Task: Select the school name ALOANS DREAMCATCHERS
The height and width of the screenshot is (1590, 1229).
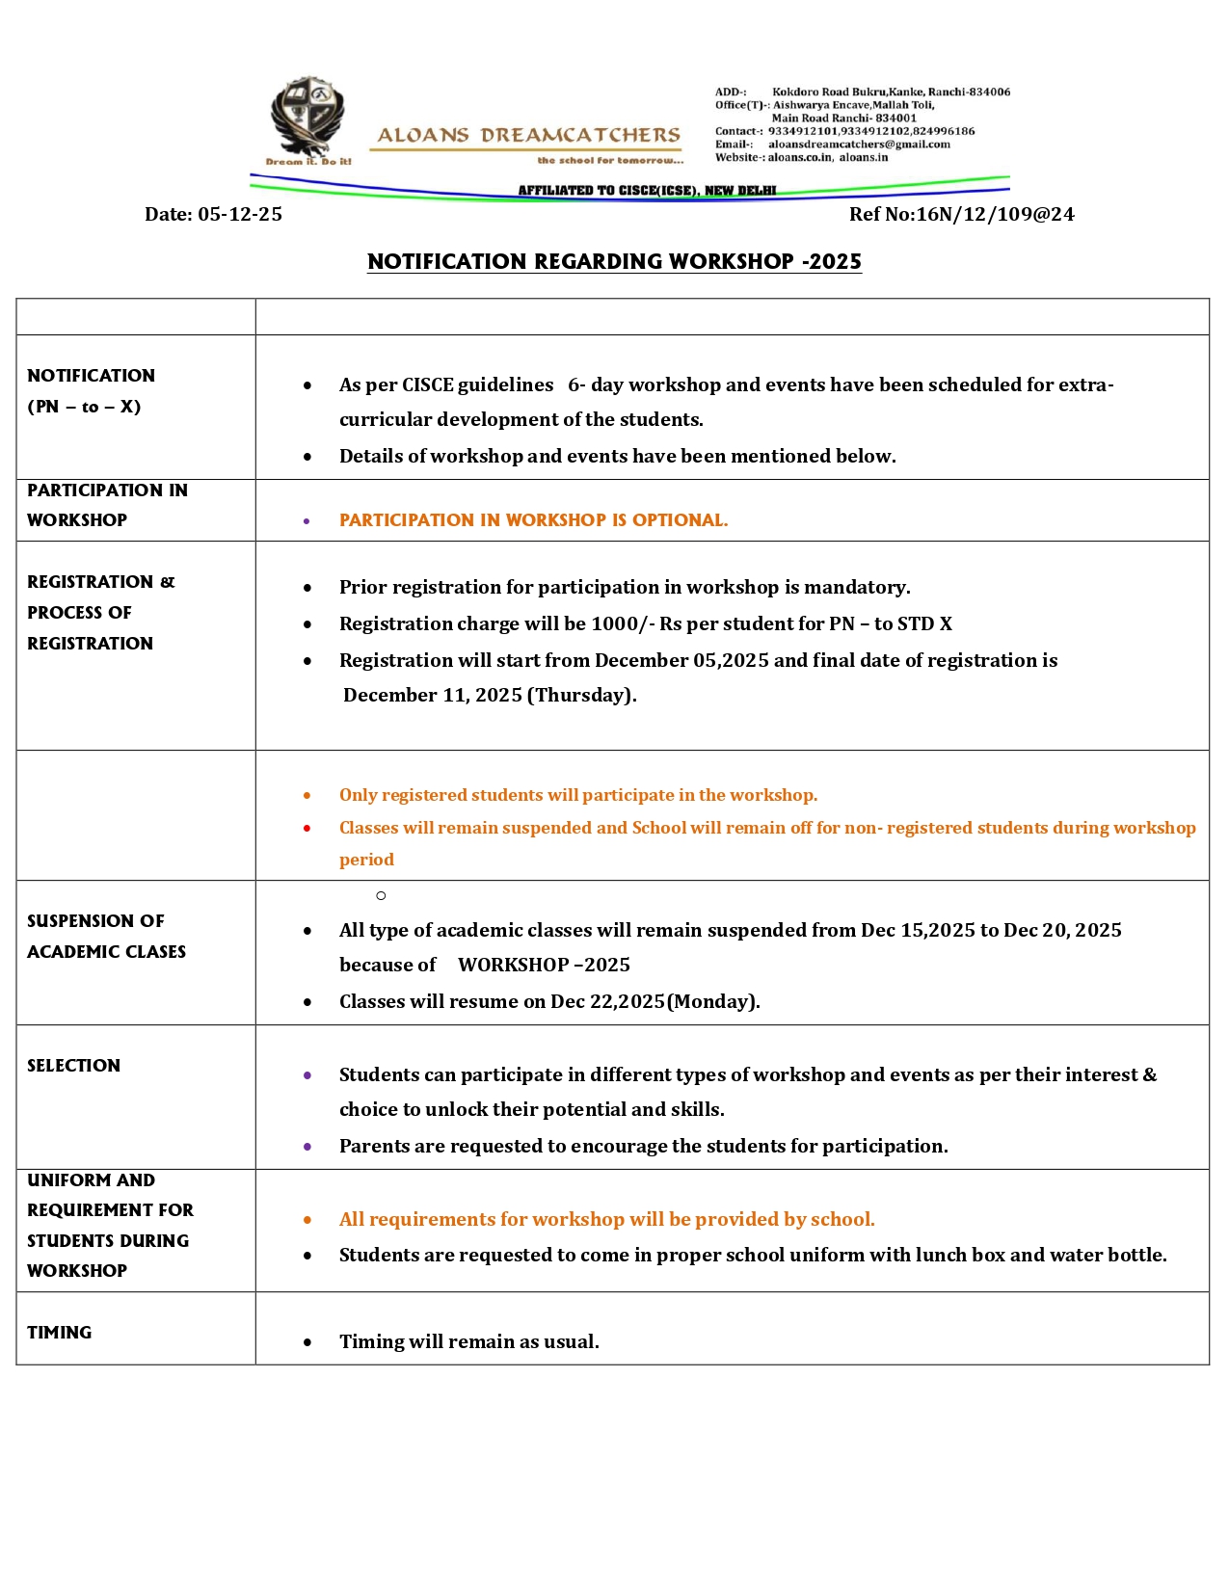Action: pos(528,136)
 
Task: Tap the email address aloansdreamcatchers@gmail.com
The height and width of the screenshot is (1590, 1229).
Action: pos(858,145)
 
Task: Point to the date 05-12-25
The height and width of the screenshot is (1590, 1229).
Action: pos(240,214)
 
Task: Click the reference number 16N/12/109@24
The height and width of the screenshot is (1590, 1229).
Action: pos(995,214)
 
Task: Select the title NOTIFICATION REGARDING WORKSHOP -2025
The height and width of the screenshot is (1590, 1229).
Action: pos(614,262)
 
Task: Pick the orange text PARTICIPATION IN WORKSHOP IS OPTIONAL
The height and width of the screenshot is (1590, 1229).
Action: pos(533,520)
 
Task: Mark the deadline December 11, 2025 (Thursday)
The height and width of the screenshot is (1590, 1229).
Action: pos(490,695)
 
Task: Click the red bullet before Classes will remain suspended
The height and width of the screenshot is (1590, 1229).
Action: pos(307,828)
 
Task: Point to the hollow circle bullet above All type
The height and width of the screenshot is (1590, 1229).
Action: pos(381,896)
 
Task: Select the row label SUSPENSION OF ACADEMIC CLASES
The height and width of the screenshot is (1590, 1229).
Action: pos(106,936)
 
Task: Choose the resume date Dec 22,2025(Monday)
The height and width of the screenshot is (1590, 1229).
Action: pos(655,1001)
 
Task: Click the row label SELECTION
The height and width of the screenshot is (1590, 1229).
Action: pos(74,1065)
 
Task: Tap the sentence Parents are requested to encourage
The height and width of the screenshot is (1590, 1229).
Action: pos(643,1146)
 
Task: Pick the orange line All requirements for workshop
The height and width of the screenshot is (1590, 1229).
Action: pos(606,1219)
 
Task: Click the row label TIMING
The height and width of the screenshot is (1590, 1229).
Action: pos(60,1332)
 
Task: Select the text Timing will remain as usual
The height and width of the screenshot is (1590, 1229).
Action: pos(468,1341)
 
